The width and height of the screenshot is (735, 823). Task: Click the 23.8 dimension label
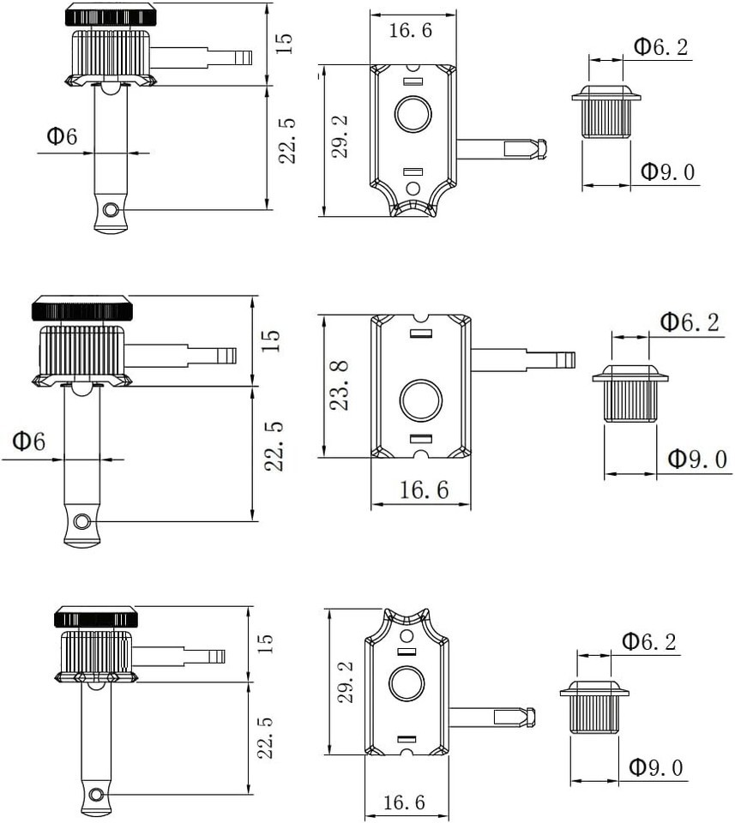[x=340, y=385]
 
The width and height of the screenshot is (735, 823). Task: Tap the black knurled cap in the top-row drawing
[x=111, y=15]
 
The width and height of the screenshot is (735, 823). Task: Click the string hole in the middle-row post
[x=81, y=521]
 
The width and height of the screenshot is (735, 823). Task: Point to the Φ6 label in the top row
[x=62, y=136]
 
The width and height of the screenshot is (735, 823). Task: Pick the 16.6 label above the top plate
[x=411, y=31]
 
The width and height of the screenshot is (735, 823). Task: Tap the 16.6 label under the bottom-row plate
[x=404, y=802]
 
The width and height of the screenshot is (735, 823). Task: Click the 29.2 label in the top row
[x=340, y=137]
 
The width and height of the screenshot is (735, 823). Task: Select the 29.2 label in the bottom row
[x=346, y=682]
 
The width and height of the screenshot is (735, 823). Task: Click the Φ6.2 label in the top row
[x=661, y=46]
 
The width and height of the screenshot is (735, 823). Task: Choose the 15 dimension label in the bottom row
[x=265, y=644]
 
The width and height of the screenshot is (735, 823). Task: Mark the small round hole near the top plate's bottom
[x=413, y=189]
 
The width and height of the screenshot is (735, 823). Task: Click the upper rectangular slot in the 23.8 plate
[x=420, y=333]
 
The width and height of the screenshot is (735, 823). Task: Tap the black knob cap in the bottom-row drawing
[x=95, y=616]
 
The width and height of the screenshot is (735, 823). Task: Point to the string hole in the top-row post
[x=111, y=210]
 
